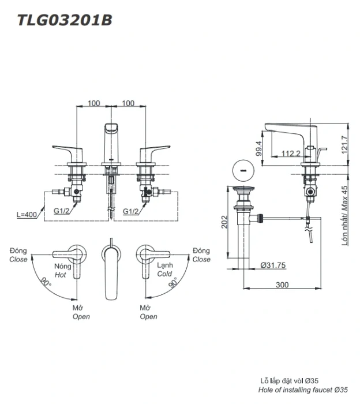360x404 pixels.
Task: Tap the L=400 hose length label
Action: (x=27, y=214)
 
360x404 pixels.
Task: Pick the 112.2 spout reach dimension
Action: (x=291, y=153)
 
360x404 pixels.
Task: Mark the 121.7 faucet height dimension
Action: (x=344, y=143)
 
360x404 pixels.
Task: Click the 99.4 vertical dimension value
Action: (x=259, y=149)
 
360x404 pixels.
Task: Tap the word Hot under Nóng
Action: (x=61, y=275)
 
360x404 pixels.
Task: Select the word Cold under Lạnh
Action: (x=165, y=275)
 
